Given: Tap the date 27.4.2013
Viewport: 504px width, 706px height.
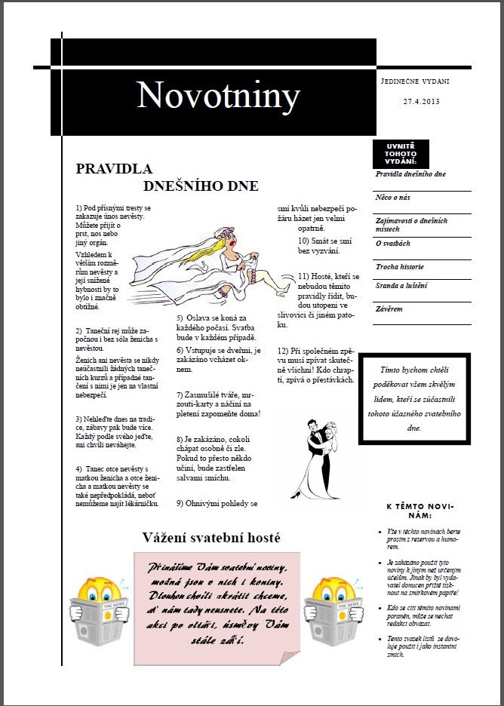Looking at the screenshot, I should pyautogui.click(x=421, y=100).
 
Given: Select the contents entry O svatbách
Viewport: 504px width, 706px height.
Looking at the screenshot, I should pyautogui.click(x=393, y=244).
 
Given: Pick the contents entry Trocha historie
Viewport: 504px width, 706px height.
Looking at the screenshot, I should pyautogui.click(x=400, y=267).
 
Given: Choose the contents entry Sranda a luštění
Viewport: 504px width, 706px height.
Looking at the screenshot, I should pyautogui.click(x=401, y=286).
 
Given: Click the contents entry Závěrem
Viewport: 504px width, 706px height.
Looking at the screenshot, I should pyautogui.click(x=389, y=309).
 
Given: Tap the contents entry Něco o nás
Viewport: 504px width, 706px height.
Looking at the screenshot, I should pyautogui.click(x=393, y=197).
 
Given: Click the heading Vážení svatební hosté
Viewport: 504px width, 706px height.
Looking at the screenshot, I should pyautogui.click(x=211, y=538).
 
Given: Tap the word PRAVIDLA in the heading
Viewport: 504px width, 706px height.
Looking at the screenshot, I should pyautogui.click(x=114, y=168).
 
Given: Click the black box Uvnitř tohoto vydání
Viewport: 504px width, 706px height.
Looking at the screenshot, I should pyautogui.click(x=401, y=154).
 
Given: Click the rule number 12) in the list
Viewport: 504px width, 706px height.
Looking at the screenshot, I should pyautogui.click(x=283, y=351).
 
